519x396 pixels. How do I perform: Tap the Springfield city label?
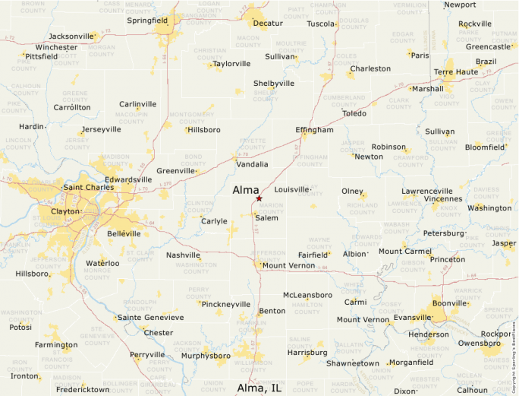pyautogui.click(x=147, y=21)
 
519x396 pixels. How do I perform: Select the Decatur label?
pyautogui.click(x=268, y=24)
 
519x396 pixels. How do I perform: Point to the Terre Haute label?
pyautogui.click(x=455, y=72)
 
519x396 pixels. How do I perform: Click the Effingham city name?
pyautogui.click(x=314, y=130)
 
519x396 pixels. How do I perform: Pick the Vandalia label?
pyautogui.click(x=252, y=164)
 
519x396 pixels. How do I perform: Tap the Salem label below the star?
pyautogui.click(x=266, y=218)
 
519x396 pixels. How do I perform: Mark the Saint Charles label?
pyautogui.click(x=88, y=187)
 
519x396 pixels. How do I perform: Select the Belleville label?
pyautogui.click(x=124, y=233)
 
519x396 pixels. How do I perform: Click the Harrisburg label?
pyautogui.click(x=307, y=353)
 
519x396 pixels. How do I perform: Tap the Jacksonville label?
pyautogui.click(x=71, y=36)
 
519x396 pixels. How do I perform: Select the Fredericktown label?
pyautogui.click(x=83, y=390)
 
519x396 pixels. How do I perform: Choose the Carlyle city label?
pyautogui.click(x=214, y=221)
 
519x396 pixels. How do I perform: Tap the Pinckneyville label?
pyautogui.click(x=226, y=304)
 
